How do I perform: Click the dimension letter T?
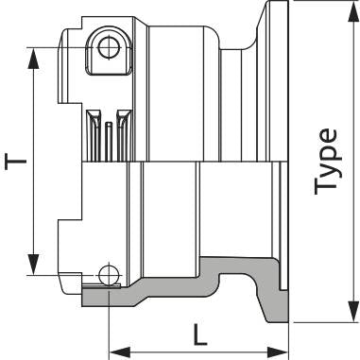(15, 161)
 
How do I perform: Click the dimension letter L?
(199, 334)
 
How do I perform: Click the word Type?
(325, 161)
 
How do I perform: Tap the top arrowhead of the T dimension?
(33, 58)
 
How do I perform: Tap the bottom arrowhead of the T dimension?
(33, 264)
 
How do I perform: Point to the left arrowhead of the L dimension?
(120, 352)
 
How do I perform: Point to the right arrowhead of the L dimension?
(278, 352)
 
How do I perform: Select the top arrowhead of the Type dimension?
(353, 11)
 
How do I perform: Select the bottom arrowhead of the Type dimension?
(353, 312)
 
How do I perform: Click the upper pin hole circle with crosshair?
(110, 47)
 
